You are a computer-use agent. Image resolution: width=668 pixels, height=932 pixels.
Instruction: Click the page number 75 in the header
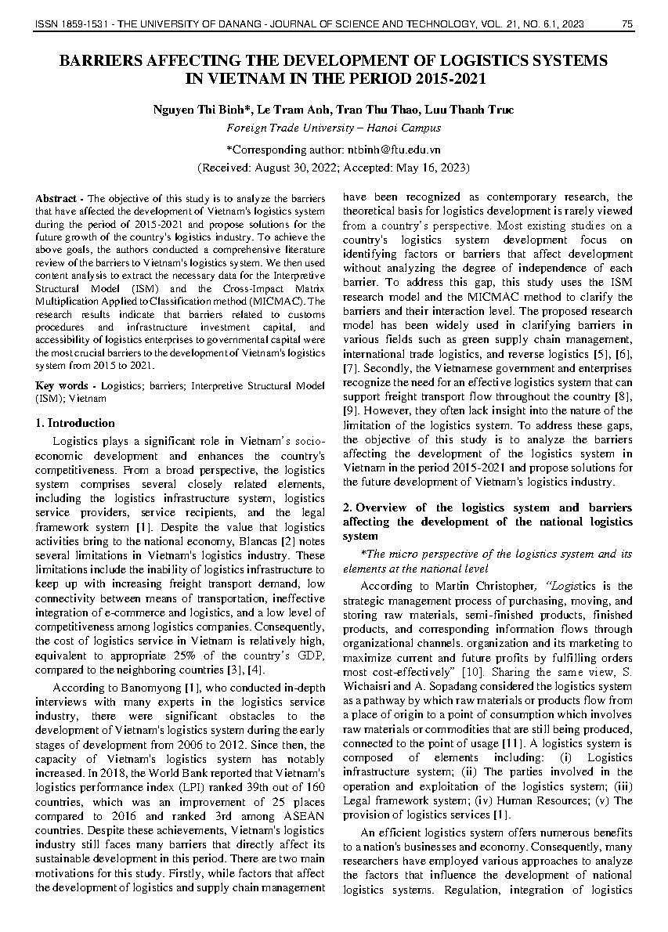coord(626,25)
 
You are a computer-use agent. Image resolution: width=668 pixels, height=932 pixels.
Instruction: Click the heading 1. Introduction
coord(75,423)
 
